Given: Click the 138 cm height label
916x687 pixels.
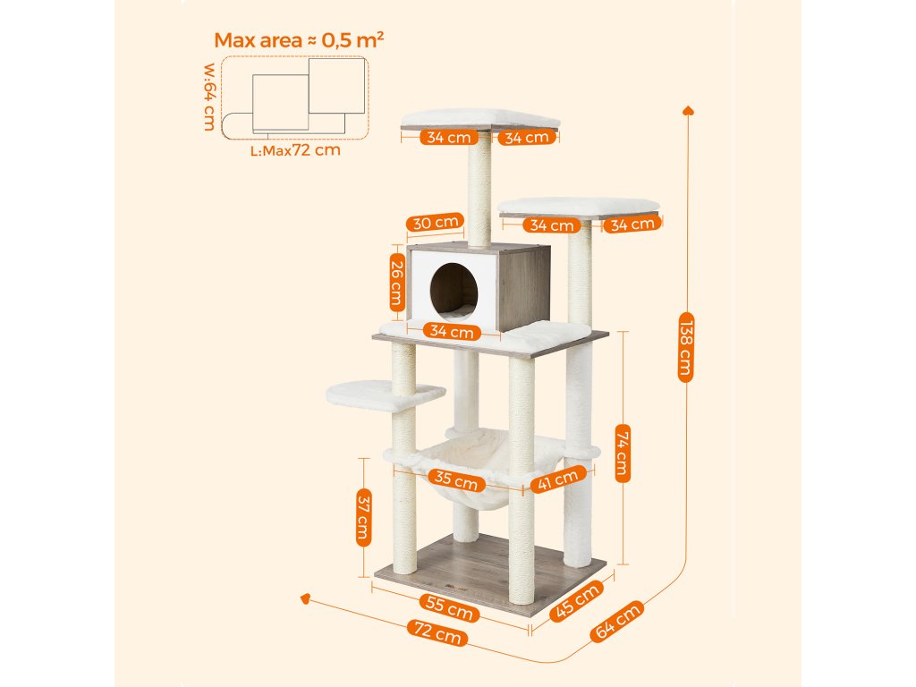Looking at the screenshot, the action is [x=685, y=346].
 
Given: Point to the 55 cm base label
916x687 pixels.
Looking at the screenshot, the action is [x=449, y=607].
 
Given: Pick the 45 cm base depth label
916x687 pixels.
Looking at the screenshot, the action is [x=574, y=602].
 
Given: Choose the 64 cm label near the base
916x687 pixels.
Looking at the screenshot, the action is [x=616, y=621].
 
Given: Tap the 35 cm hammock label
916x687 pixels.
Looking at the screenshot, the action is [x=455, y=480].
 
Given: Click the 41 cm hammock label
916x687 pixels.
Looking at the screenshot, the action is [x=557, y=480].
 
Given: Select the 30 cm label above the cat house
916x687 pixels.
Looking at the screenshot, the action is [x=435, y=222].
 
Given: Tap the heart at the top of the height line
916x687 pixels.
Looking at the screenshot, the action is [x=688, y=110].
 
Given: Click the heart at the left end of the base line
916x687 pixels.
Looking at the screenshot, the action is [x=306, y=598].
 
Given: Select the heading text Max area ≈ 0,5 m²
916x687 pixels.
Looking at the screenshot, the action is [x=299, y=40].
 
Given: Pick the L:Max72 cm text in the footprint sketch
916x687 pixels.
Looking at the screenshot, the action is [x=295, y=150].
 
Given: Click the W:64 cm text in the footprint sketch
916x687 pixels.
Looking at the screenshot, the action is [x=208, y=96].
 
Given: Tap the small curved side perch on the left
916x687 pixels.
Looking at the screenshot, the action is [x=385, y=394].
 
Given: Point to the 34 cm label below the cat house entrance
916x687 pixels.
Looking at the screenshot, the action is [x=451, y=332].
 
